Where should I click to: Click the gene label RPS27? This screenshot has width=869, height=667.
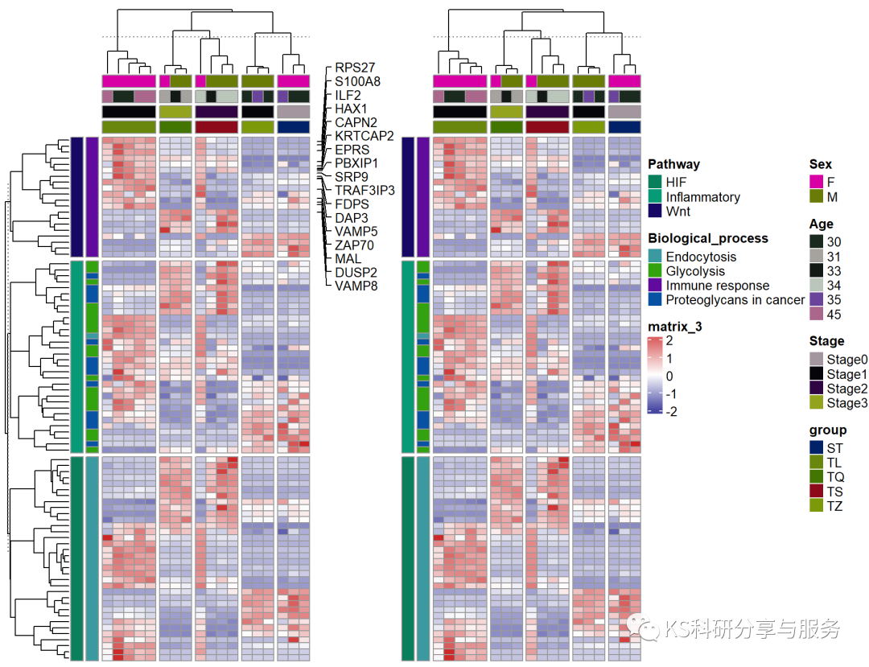click(x=355, y=68)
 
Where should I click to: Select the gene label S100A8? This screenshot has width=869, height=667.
click(x=358, y=81)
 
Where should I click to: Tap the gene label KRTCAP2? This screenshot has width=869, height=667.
click(x=364, y=135)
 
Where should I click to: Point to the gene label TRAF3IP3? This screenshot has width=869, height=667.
click(x=364, y=190)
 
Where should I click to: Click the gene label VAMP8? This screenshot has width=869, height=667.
click(x=356, y=286)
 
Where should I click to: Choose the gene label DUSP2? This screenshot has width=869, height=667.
click(x=355, y=272)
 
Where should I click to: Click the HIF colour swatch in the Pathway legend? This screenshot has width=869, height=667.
click(x=654, y=183)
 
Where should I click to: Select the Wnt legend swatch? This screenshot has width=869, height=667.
click(x=654, y=212)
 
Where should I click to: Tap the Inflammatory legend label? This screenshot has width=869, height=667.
click(x=702, y=197)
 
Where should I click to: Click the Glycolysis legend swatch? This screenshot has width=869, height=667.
click(x=654, y=271)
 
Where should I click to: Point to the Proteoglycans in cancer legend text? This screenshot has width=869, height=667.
click(x=735, y=300)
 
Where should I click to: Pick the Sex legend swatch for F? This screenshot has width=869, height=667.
click(x=816, y=183)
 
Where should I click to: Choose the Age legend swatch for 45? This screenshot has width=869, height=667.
click(x=816, y=314)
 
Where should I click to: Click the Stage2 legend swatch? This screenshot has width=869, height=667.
click(x=816, y=389)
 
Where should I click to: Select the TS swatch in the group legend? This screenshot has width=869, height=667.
click(x=816, y=491)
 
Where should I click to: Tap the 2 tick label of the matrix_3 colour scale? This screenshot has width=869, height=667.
click(x=669, y=340)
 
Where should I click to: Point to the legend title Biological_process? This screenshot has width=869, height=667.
click(x=707, y=238)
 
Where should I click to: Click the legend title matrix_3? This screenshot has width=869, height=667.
click(x=675, y=326)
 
